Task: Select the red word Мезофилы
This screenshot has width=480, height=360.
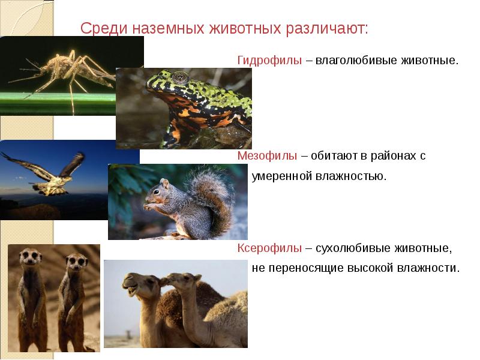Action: (x=267, y=155)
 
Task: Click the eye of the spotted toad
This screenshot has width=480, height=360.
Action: (x=179, y=77)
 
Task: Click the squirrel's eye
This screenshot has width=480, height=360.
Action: (x=157, y=191)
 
